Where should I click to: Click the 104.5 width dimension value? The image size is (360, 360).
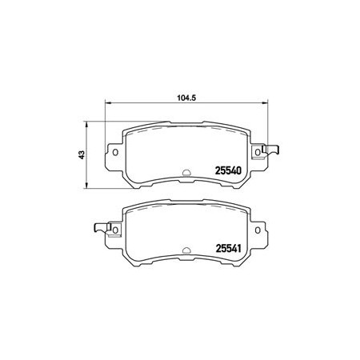186,98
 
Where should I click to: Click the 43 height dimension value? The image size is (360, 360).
82,155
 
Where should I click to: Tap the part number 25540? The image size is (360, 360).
228,170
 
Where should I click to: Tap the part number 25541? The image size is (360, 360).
228,249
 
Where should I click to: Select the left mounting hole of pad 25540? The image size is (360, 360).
115,152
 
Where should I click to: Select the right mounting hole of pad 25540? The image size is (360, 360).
258,152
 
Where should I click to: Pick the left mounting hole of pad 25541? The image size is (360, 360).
115,230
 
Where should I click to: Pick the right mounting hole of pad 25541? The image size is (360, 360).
258,230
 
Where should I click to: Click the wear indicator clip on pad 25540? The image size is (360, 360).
270,150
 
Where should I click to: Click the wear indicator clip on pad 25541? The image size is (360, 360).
102,227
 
